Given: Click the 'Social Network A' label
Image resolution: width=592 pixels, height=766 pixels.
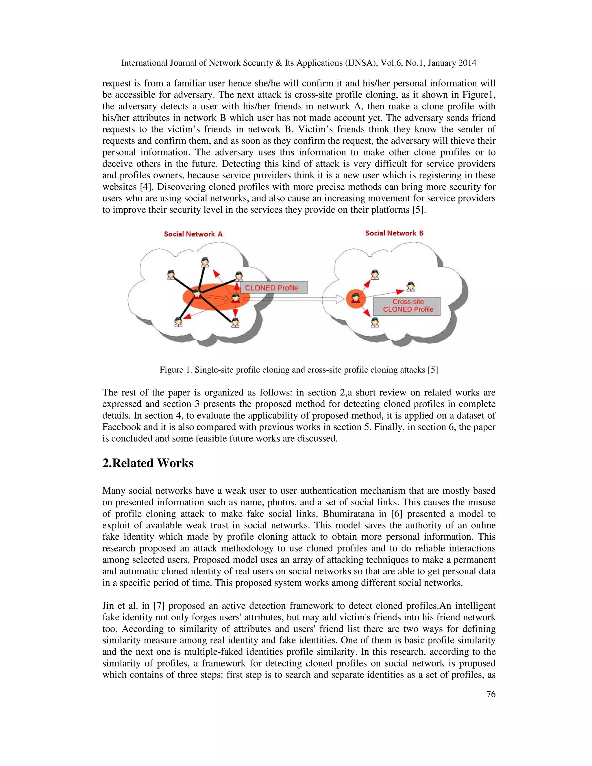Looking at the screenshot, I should click(x=193, y=234).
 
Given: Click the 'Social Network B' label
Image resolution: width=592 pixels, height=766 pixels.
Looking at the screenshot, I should click(x=394, y=233).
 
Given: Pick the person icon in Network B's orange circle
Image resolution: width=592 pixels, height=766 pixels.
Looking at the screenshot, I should click(x=356, y=298).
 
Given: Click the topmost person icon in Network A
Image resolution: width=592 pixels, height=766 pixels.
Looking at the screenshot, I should click(x=205, y=262).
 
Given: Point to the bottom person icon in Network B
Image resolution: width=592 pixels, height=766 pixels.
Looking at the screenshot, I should click(x=375, y=322).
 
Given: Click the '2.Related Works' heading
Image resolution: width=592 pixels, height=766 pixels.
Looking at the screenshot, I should click(x=148, y=463).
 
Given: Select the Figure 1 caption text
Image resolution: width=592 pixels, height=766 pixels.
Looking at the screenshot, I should click(x=298, y=370).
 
